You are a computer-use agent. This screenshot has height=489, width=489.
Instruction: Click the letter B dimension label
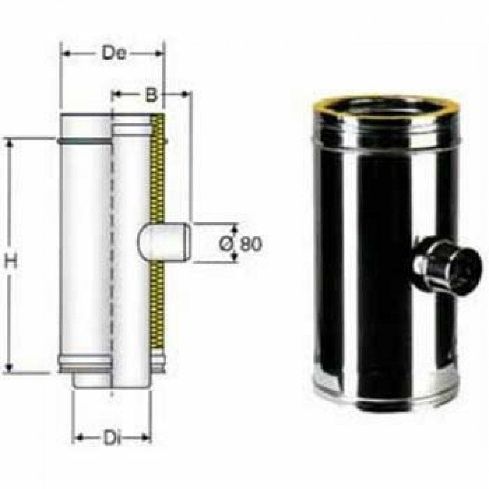click(152, 95)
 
